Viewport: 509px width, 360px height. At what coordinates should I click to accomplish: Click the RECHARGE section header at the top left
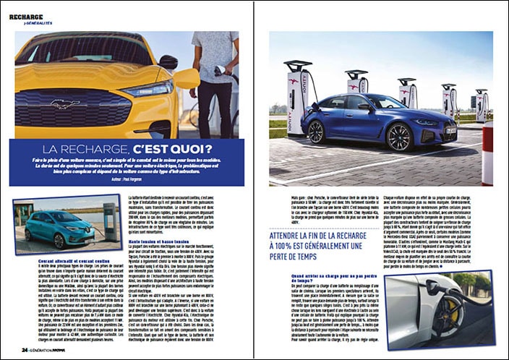click(27, 17)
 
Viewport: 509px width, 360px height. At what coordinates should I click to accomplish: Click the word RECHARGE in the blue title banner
click(103, 149)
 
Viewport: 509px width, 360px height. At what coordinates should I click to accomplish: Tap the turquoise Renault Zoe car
click(57, 227)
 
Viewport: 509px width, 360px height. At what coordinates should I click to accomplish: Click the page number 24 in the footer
click(24, 350)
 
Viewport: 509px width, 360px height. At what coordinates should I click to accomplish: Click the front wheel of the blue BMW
click(399, 135)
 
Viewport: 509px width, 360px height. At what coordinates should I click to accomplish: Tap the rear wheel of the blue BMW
click(317, 131)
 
